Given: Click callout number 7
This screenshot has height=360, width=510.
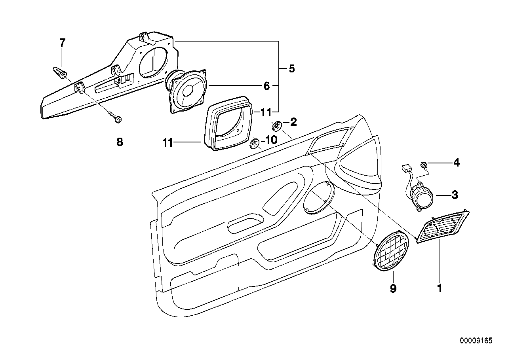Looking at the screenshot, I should click(x=62, y=43).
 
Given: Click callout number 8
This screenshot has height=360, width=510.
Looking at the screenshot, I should click(x=120, y=142).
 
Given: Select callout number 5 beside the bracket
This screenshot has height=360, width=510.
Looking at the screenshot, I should click(x=291, y=69).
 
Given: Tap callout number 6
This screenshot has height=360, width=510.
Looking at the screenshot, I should click(x=266, y=86).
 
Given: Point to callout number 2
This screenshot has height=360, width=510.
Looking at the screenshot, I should click(x=293, y=123).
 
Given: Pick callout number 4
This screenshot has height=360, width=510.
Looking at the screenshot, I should click(x=457, y=163).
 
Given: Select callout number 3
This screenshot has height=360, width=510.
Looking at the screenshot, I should click(x=455, y=195).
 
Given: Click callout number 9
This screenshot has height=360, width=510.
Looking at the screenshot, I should click(x=393, y=289).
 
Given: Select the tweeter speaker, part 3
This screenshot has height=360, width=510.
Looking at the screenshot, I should click(x=422, y=196).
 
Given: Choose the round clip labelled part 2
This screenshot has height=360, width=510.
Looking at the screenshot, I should click(x=277, y=126).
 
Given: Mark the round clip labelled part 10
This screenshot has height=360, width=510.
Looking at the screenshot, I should click(x=255, y=143).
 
